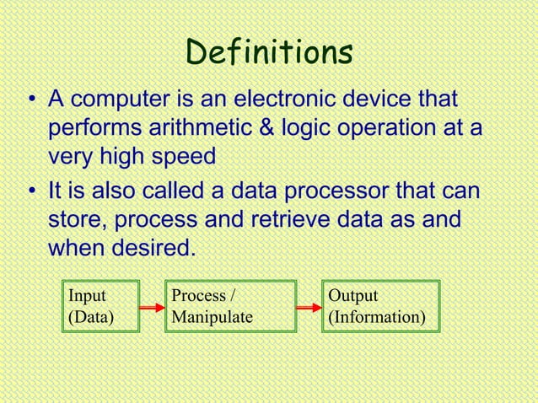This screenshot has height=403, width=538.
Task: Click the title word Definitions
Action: coord(269,52)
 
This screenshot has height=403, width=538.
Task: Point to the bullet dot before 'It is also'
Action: coord(31,194)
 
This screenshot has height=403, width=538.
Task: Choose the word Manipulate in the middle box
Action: coord(212,319)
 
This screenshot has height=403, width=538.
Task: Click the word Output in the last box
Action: coord(353,296)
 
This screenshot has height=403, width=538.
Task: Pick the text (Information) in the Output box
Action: coord(377,319)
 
